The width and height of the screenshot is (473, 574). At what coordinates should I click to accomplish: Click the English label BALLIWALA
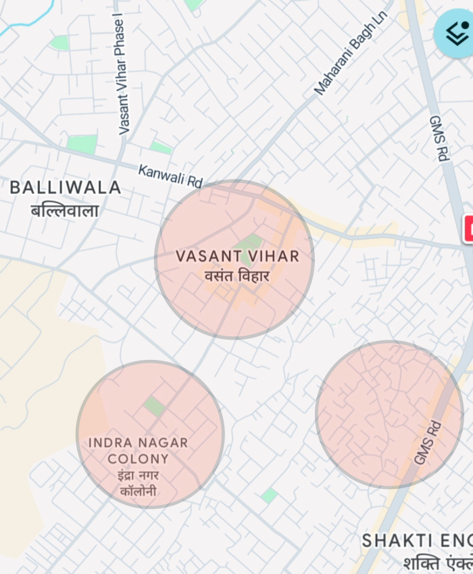click(66, 188)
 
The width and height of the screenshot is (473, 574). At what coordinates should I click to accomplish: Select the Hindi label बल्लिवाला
click(65, 210)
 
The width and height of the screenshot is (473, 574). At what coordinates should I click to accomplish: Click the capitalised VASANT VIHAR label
click(237, 257)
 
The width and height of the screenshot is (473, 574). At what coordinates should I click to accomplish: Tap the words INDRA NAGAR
click(139, 443)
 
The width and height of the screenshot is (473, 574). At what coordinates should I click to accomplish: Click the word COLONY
click(139, 459)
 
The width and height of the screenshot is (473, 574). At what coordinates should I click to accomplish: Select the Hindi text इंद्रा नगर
click(138, 475)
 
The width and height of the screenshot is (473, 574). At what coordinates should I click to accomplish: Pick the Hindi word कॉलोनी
click(138, 491)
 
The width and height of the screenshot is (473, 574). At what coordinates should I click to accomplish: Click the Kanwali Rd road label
click(170, 176)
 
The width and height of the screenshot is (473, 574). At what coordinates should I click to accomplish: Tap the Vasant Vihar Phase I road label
click(122, 76)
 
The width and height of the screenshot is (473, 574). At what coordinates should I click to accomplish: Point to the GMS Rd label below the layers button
click(439, 138)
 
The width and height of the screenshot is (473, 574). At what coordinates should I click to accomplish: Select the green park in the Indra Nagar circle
click(154, 407)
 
